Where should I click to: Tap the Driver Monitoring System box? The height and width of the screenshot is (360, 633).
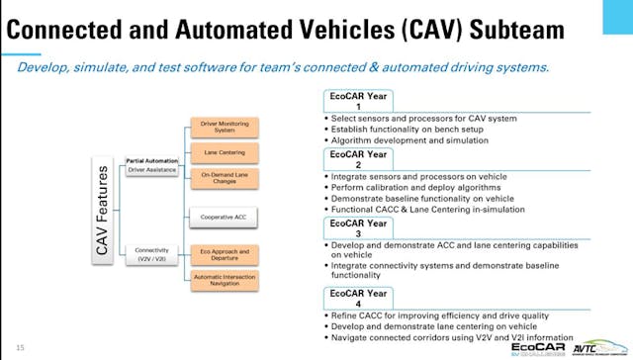pos(224,128)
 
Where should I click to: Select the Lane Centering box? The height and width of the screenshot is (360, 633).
pos(224,153)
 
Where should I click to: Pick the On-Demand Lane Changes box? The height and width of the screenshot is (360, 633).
pos(224,179)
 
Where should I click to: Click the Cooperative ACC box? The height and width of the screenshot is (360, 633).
pos(224,217)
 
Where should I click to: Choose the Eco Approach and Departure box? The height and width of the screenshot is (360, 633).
pos(224,254)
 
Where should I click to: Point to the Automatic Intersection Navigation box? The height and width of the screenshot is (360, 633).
pos(224,280)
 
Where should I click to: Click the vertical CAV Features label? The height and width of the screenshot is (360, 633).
pos(102,209)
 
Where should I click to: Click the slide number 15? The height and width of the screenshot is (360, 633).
pos(20,346)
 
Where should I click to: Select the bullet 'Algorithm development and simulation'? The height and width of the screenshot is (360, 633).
pos(409,140)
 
